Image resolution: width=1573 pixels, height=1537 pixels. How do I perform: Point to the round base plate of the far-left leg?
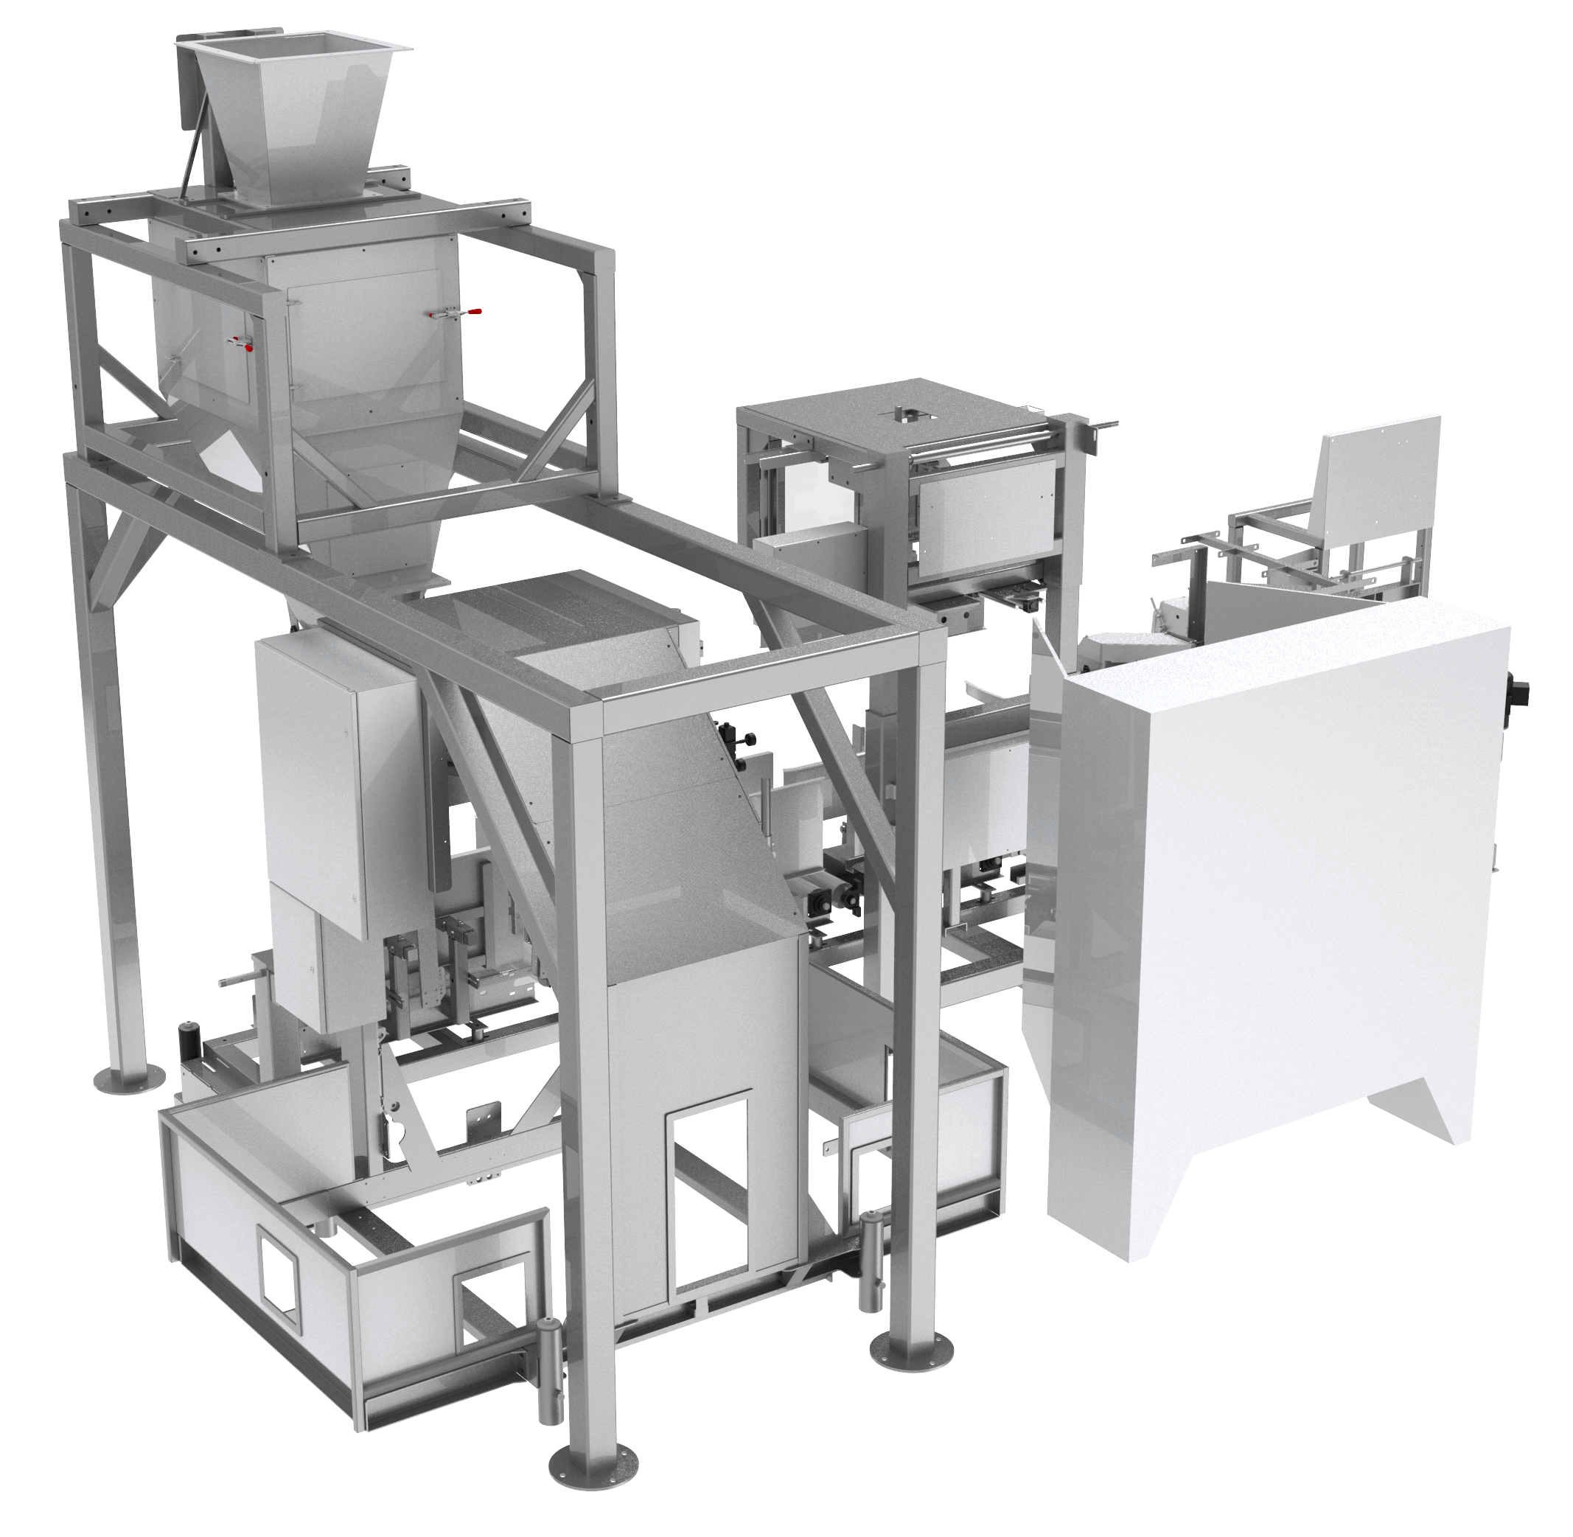pos(129,1079)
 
